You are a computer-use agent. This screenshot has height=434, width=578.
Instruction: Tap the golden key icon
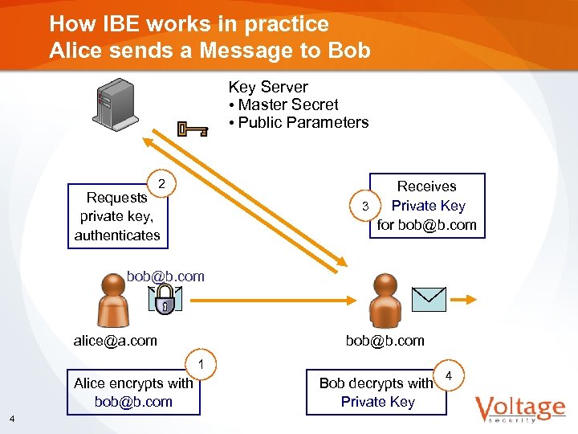[x=193, y=129]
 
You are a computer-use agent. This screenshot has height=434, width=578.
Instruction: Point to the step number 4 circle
[x=449, y=375]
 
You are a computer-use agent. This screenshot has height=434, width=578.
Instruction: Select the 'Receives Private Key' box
[x=427, y=206]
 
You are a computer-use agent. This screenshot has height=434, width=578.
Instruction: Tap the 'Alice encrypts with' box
[x=133, y=392]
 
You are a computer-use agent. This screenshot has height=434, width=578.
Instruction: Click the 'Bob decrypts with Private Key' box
[x=376, y=392]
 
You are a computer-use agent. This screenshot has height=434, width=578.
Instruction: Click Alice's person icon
[x=116, y=298]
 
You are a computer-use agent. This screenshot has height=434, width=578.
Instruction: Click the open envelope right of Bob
[x=428, y=298]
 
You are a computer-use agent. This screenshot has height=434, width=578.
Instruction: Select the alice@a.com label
[x=116, y=341]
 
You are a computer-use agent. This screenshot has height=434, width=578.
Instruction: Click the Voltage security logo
[x=519, y=410]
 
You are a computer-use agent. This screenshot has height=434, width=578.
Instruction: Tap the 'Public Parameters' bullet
[x=299, y=122]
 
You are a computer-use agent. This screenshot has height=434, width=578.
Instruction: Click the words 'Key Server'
[x=268, y=87]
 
